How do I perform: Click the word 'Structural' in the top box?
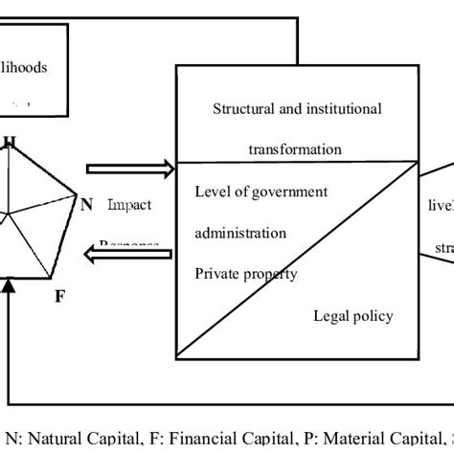(x=244, y=108)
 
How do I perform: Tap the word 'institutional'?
(x=342, y=108)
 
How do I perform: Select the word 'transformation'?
(x=294, y=149)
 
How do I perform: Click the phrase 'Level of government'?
(x=261, y=192)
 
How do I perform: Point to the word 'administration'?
(x=239, y=233)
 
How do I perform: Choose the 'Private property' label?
(x=246, y=274)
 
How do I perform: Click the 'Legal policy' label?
(x=352, y=316)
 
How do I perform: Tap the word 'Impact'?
(x=129, y=204)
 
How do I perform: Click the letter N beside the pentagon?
(x=86, y=203)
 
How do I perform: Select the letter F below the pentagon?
(x=59, y=296)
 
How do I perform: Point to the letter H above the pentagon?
(x=10, y=144)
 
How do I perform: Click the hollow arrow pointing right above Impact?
(x=129, y=170)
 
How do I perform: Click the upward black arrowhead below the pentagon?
(x=9, y=286)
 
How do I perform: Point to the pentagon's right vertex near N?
(x=74, y=195)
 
